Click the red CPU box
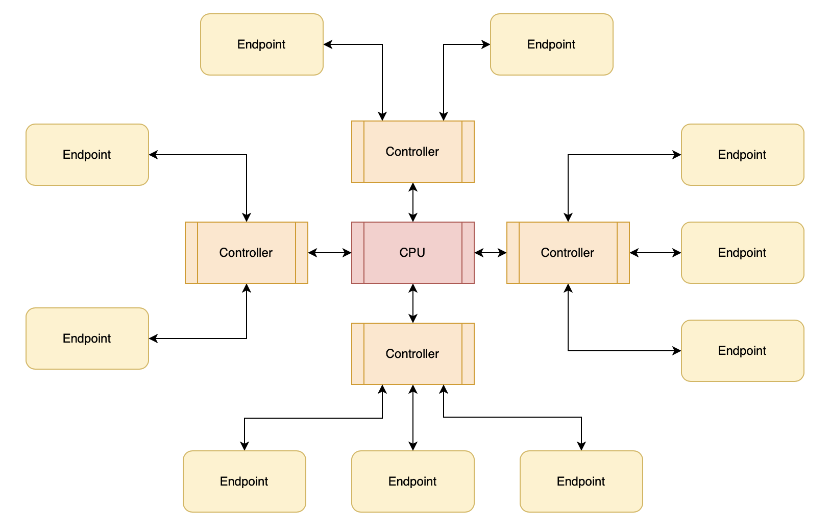[412, 253]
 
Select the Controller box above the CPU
[412, 152]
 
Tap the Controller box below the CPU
[412, 354]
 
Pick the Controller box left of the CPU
[246, 253]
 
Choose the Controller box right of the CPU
[568, 253]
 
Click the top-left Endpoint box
[261, 44]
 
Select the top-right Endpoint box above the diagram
[551, 44]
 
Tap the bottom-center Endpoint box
[412, 481]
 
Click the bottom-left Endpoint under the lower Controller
[244, 481]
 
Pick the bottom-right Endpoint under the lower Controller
[581, 481]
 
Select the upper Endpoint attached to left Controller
[87, 155]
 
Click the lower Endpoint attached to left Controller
[87, 339]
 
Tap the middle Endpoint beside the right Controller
[742, 253]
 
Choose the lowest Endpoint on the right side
[742, 351]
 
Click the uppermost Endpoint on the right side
[742, 155]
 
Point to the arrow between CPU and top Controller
[413, 202]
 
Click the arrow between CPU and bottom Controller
[413, 303]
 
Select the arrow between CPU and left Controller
[330, 253]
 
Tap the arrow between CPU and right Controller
[491, 253]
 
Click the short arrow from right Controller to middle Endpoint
[655, 253]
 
